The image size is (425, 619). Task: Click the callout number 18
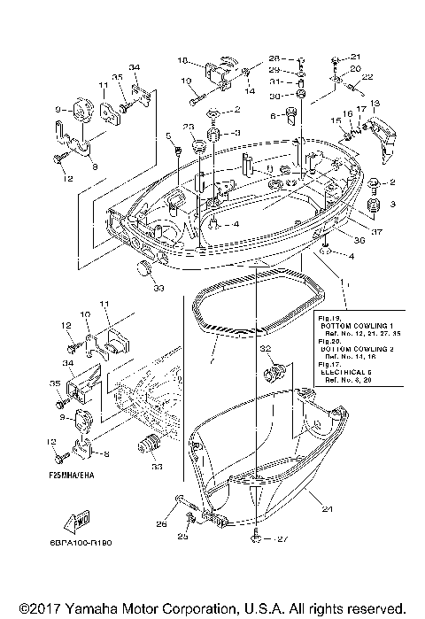pos(183,61)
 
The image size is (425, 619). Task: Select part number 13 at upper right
pos(375,104)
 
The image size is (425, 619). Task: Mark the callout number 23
pos(189,127)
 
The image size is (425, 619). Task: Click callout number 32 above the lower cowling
pos(265,351)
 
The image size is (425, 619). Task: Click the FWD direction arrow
pos(73,522)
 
